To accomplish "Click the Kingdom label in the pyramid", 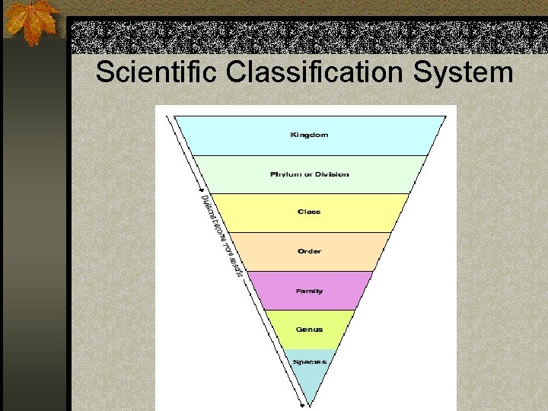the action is point(309,135).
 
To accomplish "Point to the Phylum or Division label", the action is point(310,174).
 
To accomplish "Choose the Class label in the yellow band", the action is point(309,212).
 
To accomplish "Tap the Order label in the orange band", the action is point(310,251).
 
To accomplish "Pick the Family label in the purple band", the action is point(309,291).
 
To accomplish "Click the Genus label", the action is point(309,330).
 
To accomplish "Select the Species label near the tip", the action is point(310,362).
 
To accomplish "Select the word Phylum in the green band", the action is point(285,174).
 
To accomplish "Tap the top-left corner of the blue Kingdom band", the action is point(176,116).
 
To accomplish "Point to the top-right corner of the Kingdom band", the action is point(446,116).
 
